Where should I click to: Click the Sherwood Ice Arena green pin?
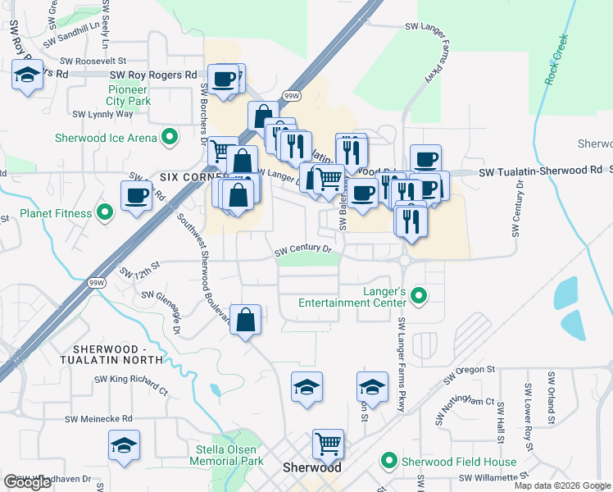[170, 137]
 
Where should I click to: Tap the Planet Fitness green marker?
[105, 214]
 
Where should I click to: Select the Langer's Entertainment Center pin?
[420, 294]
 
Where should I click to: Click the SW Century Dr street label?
[303, 249]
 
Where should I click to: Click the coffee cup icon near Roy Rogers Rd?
[225, 80]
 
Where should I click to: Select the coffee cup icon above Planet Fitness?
[136, 196]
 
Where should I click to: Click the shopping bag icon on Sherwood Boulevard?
[246, 319]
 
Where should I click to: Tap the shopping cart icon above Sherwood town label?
[328, 444]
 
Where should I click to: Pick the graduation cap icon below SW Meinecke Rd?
[125, 446]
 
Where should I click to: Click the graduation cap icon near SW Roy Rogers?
[27, 76]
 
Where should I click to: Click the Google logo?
[27, 483]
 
